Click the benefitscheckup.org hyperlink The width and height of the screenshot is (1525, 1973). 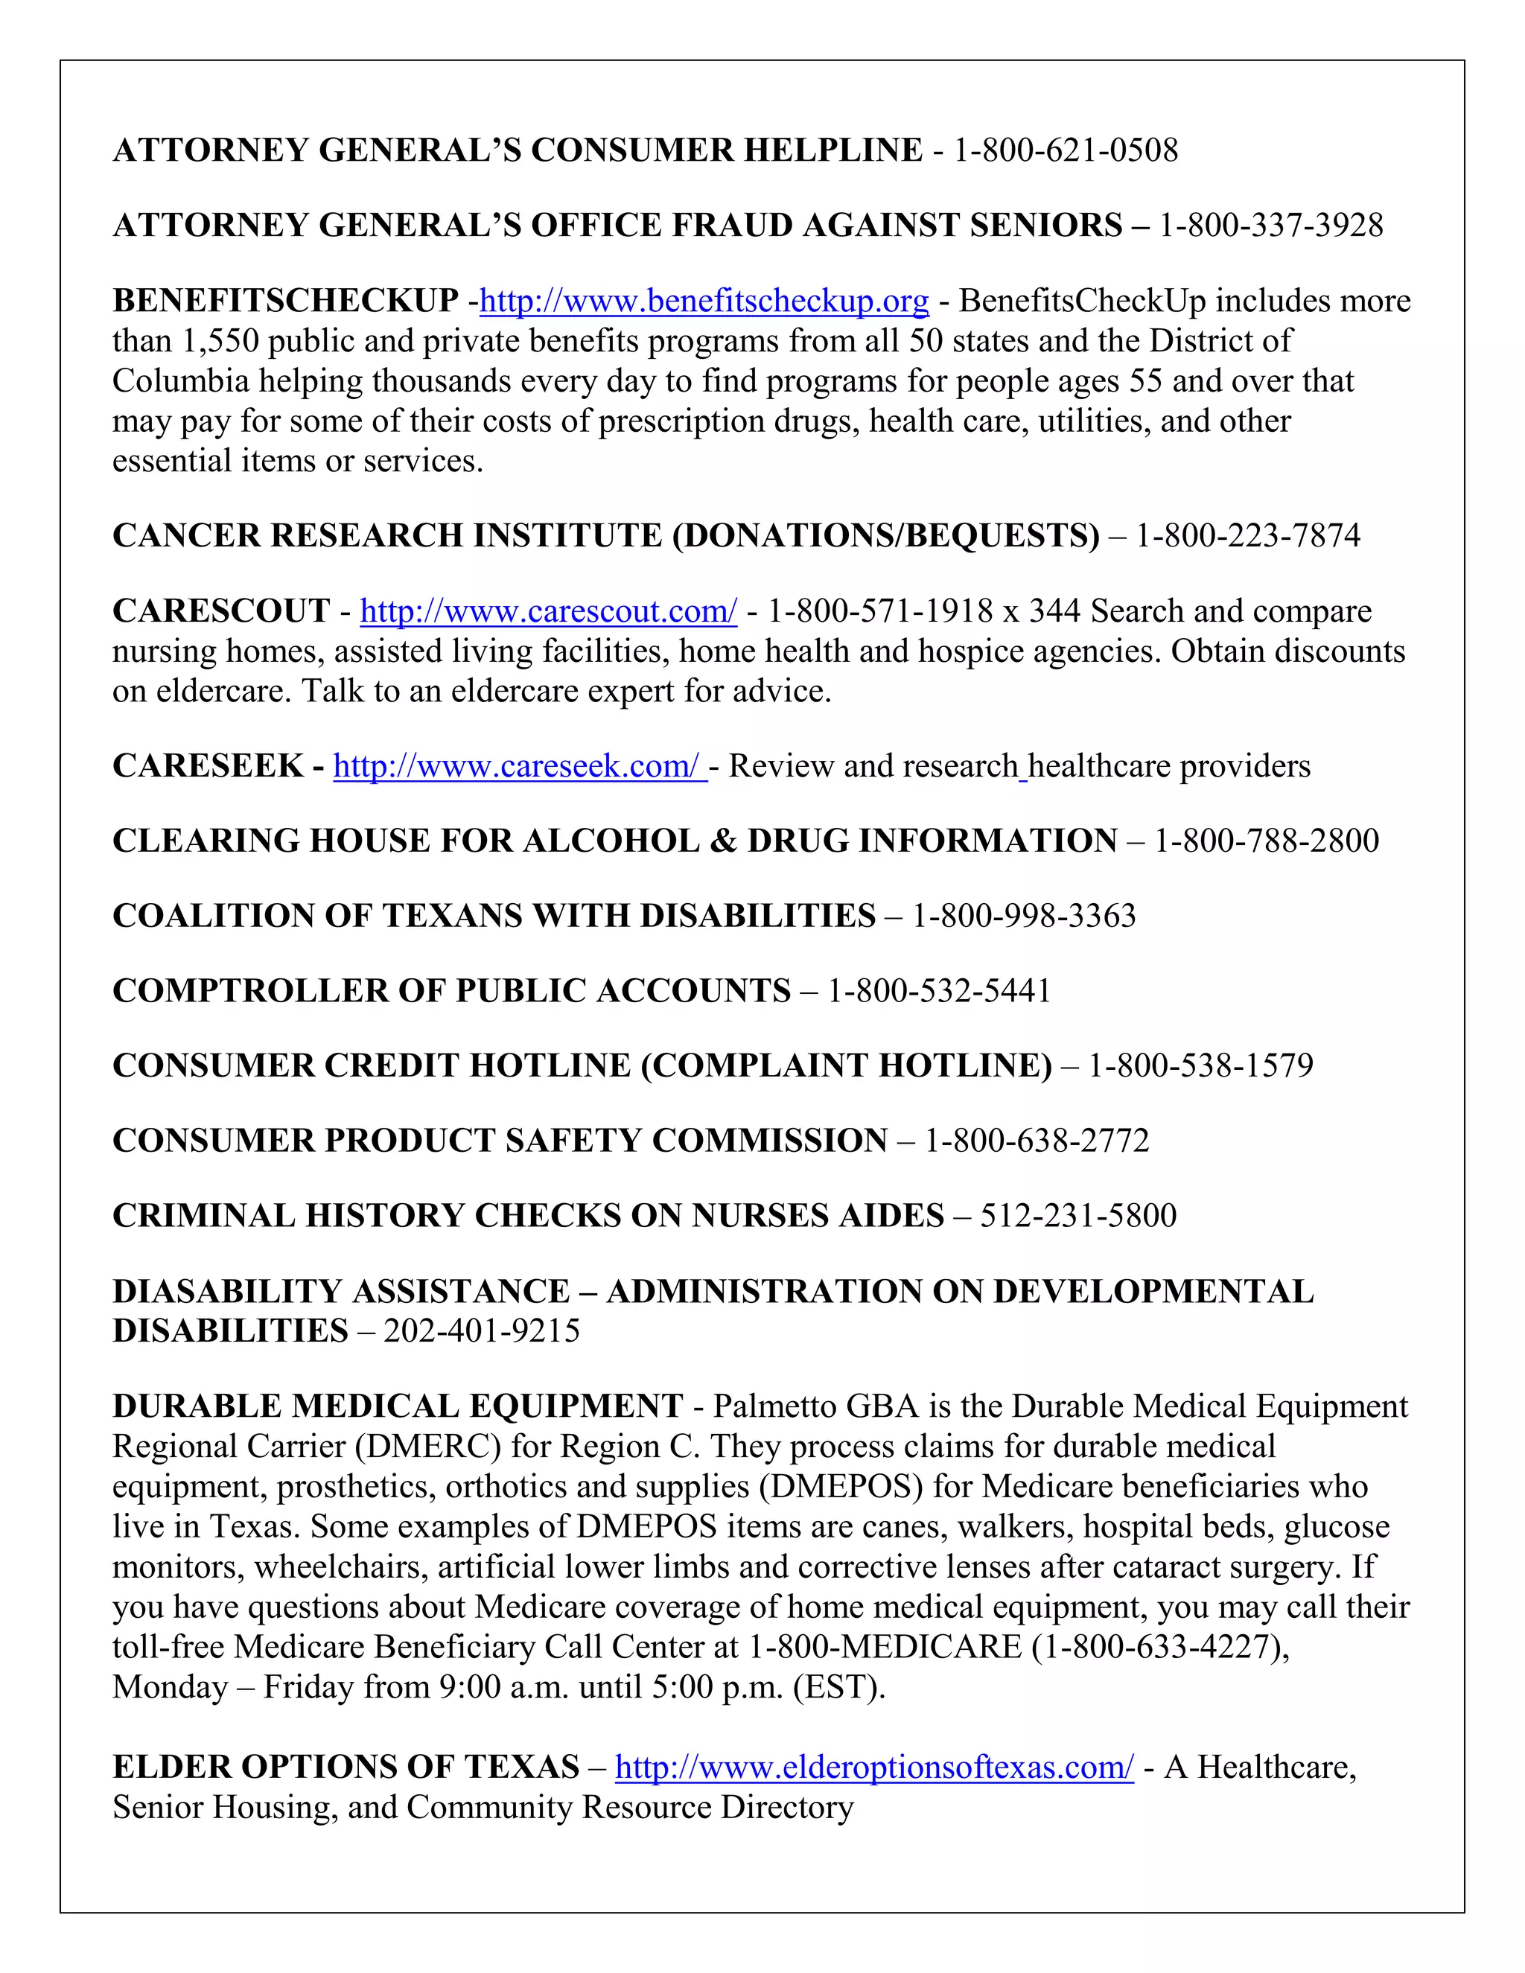pyautogui.click(x=704, y=301)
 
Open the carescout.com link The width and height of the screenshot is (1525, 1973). pyautogui.click(x=548, y=611)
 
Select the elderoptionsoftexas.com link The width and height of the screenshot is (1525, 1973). pyautogui.click(x=873, y=1767)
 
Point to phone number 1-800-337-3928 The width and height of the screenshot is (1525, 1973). pyautogui.click(x=1270, y=225)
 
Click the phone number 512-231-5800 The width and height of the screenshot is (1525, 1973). pyautogui.click(x=1077, y=1216)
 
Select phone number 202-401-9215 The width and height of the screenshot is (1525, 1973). pyautogui.click(x=482, y=1330)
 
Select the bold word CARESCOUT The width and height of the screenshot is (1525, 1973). pyautogui.click(x=221, y=611)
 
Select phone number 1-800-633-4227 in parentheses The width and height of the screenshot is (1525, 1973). pyautogui.click(x=1159, y=1647)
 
